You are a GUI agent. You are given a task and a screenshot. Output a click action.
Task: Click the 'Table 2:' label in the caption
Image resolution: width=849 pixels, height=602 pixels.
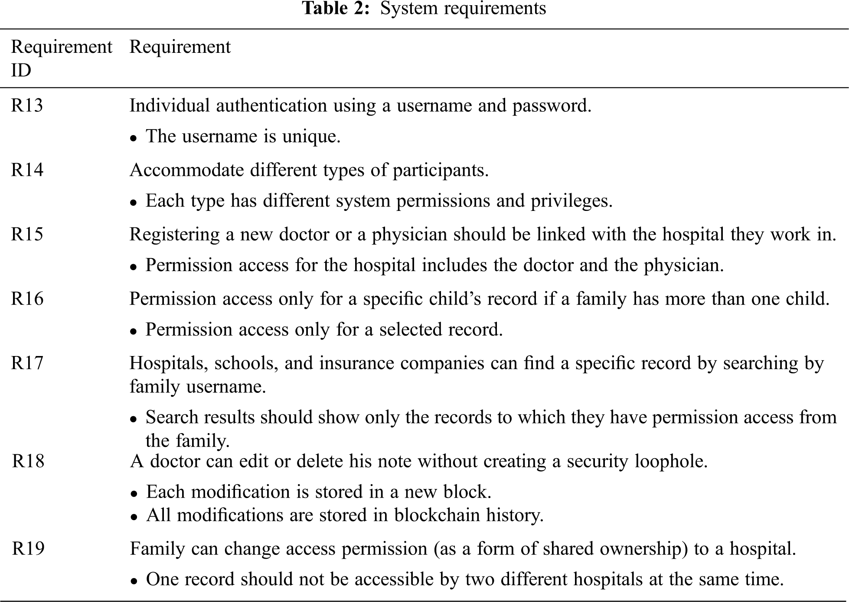(x=336, y=9)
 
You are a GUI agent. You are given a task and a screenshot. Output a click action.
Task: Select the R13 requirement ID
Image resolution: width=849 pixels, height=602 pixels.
(x=27, y=106)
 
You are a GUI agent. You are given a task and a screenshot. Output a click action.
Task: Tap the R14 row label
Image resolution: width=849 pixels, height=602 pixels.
(x=27, y=170)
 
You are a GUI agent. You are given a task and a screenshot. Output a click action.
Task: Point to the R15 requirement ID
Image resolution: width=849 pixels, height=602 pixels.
(x=27, y=234)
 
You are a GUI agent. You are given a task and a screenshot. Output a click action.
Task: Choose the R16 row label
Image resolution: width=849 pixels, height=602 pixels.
(x=27, y=299)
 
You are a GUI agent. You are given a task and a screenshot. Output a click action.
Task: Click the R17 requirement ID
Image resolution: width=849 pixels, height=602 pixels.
(x=27, y=363)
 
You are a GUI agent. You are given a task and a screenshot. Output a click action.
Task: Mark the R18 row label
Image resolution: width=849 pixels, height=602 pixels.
(x=28, y=461)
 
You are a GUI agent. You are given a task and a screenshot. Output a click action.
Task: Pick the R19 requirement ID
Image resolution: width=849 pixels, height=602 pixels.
(x=28, y=549)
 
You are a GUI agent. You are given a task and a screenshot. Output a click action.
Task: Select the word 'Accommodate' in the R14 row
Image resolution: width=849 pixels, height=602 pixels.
(x=187, y=170)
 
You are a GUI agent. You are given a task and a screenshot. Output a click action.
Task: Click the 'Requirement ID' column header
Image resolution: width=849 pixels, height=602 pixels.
(x=61, y=58)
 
